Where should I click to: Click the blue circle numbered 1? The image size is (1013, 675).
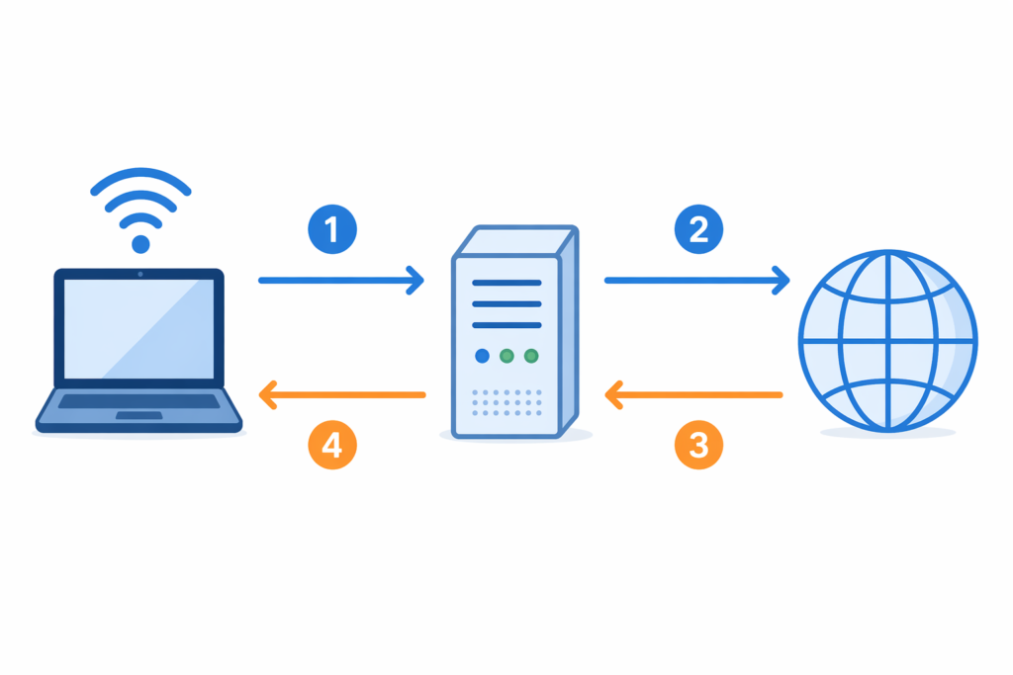331,230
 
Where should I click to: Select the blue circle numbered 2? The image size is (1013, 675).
698,230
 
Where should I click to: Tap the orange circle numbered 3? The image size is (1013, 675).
698,446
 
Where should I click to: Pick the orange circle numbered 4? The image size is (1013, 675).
331,446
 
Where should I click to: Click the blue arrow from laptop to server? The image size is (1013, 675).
340,281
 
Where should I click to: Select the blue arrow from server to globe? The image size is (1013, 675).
696,281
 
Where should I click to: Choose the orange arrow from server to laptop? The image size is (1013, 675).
341,395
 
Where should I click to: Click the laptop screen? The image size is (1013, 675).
139,327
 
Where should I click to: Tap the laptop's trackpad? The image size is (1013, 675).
138,415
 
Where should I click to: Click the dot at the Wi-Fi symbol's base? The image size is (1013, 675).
140,243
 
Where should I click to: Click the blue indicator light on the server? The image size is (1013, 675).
482,355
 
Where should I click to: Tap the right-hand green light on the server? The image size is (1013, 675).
531,355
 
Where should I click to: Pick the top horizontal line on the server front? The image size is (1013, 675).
506,282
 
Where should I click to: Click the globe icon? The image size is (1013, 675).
887,340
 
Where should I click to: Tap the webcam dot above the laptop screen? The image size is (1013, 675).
139,274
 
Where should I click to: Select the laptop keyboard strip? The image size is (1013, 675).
139,401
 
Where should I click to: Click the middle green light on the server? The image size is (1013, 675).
506,355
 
